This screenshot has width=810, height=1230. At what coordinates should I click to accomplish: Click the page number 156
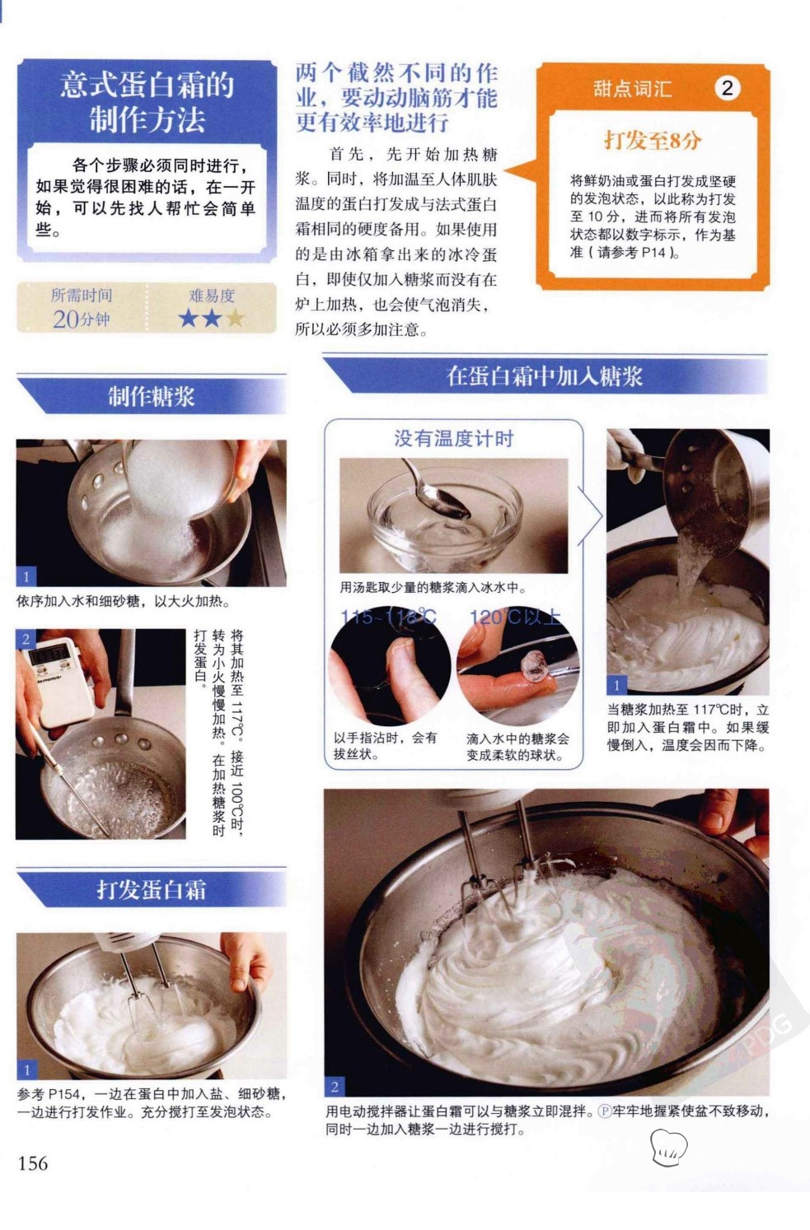pyautogui.click(x=33, y=1163)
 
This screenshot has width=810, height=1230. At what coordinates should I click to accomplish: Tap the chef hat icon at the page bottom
pyautogui.click(x=669, y=1147)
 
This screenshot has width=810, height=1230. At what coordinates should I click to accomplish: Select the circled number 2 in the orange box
pyautogui.click(x=727, y=88)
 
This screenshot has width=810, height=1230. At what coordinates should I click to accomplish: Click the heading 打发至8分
pyautogui.click(x=653, y=140)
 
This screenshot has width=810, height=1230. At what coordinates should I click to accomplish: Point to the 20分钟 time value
pyautogui.click(x=82, y=319)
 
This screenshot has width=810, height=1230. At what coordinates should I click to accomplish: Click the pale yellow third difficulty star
pyautogui.click(x=235, y=318)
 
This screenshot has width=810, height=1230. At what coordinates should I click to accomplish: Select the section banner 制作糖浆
pyautogui.click(x=151, y=396)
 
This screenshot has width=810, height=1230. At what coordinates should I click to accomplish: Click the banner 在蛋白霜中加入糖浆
pyautogui.click(x=545, y=376)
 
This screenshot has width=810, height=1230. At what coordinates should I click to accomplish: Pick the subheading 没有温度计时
pyautogui.click(x=453, y=438)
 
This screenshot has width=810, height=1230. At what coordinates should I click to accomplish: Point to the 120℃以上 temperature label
pyautogui.click(x=515, y=617)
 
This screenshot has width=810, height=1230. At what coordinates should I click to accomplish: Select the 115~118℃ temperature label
pyautogui.click(x=388, y=617)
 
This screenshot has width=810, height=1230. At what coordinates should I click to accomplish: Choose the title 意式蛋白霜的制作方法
pyautogui.click(x=147, y=102)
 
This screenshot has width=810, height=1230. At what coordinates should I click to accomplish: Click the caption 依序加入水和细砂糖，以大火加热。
pyautogui.click(x=124, y=601)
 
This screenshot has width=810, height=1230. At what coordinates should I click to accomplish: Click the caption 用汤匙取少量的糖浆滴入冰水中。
pyautogui.click(x=433, y=588)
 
